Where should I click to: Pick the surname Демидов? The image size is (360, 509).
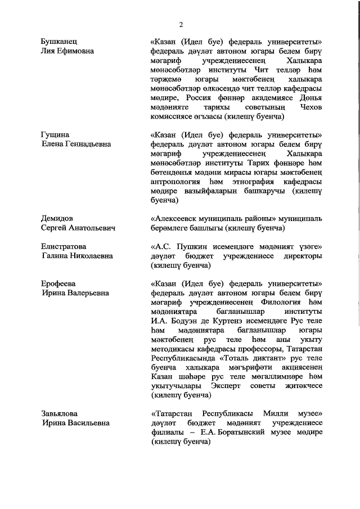[x=58, y=218]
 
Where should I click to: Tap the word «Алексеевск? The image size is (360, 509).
[x=174, y=218]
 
